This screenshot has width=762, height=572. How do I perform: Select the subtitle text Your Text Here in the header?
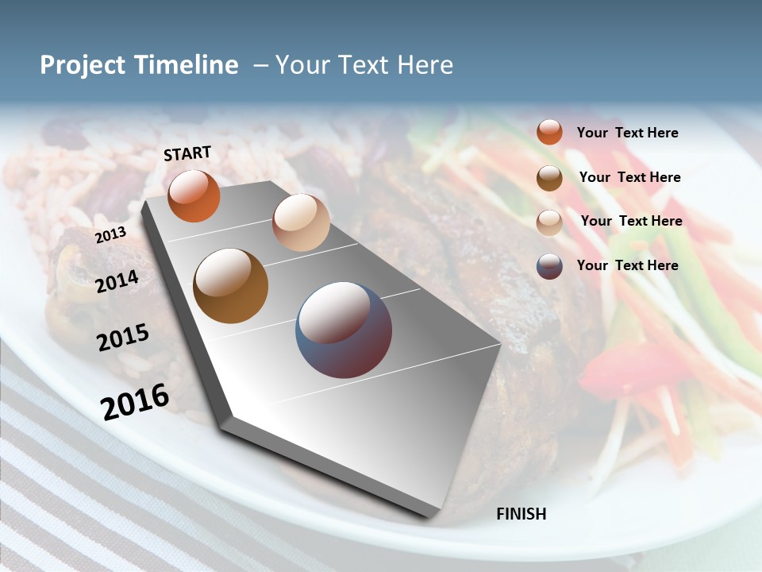pos(364,65)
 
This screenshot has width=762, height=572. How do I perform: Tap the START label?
pos(187,153)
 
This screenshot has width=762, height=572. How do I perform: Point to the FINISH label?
pos(521,514)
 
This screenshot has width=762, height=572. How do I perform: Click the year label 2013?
pos(110,236)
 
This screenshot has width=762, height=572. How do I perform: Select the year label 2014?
pos(117,281)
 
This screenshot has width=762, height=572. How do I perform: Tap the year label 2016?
pos(135,402)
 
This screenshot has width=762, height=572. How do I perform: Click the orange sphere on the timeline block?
pos(194,195)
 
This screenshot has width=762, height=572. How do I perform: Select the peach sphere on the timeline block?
pos(301,222)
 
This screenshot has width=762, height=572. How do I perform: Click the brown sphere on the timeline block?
pos(230,286)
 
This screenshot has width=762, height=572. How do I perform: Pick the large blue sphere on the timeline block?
pos(344,330)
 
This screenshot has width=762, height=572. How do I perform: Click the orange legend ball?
pos(549,132)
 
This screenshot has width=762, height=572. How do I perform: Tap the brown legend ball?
pos(549,178)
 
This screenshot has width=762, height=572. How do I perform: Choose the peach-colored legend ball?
pos(549,222)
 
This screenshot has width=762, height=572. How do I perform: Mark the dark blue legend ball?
pos(549,266)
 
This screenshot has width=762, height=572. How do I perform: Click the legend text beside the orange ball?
pos(627,133)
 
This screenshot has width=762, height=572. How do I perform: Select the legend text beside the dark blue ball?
pos(627,265)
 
